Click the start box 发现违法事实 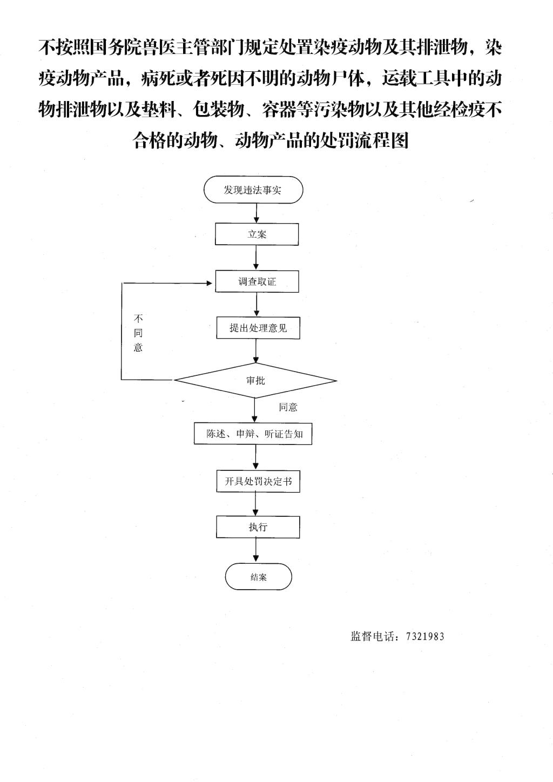point(253,190)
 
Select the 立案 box point(257,234)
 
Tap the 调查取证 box point(257,281)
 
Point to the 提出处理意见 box point(258,328)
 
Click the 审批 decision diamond point(255,380)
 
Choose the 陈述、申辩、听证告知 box point(253,434)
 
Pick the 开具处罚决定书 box point(258,481)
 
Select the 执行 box point(258,527)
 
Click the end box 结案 point(258,577)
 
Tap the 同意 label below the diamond point(288,407)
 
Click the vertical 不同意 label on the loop point(138,333)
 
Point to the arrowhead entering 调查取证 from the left point(210,283)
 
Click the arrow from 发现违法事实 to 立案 point(257,213)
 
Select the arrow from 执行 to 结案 point(257,550)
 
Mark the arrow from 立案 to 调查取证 point(257,258)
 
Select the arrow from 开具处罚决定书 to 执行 point(256,504)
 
